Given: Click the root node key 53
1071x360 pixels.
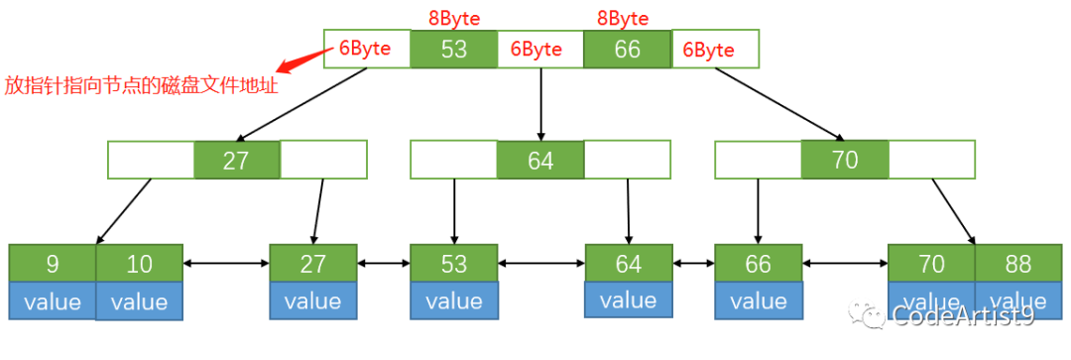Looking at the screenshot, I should (453, 49).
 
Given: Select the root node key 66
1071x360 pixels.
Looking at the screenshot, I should (627, 49).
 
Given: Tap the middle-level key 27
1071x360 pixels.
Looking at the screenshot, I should (236, 160).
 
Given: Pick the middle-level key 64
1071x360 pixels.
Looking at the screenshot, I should (540, 161).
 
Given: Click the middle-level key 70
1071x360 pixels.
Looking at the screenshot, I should (845, 159).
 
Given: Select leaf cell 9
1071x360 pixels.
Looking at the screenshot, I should (53, 264).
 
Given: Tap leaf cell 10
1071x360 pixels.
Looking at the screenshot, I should (140, 264).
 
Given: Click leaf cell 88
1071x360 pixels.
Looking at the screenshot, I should (1017, 264).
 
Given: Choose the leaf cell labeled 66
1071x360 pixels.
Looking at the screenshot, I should (758, 264).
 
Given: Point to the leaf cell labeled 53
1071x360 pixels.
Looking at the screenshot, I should (454, 264).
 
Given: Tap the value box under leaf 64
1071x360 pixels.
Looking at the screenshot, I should (628, 300).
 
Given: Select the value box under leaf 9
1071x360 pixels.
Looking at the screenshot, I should (53, 301).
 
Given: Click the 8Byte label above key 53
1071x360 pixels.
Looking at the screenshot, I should (454, 18).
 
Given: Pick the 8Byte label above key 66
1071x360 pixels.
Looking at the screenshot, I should (623, 18).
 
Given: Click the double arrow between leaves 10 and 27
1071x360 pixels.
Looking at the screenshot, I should (226, 264).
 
